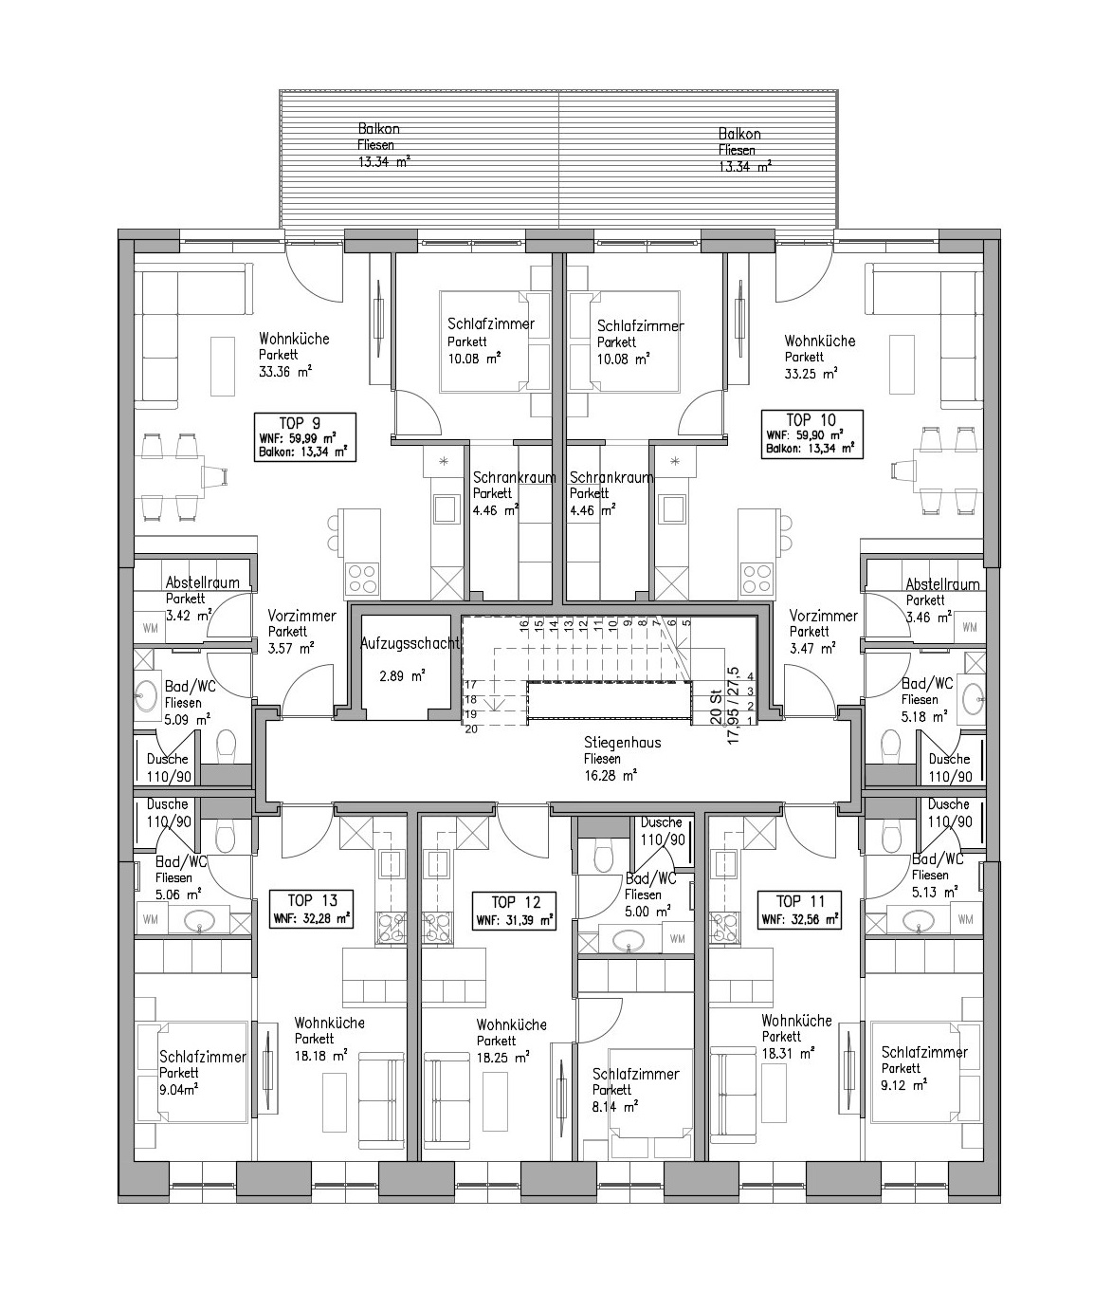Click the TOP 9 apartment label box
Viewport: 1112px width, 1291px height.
point(304,436)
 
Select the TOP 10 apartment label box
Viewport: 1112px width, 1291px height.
point(812,434)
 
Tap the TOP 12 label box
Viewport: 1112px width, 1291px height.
point(515,911)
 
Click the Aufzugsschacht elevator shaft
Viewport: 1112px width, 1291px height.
point(407,669)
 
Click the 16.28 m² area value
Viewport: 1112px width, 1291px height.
point(611,776)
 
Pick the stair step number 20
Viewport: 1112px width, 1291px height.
point(471,728)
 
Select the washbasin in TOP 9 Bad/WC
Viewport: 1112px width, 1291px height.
point(147,696)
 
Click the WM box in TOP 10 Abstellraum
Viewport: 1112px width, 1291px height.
point(970,627)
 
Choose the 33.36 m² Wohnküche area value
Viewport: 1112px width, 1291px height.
point(285,372)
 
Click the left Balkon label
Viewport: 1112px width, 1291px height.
point(379,129)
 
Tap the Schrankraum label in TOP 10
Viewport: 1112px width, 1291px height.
point(611,478)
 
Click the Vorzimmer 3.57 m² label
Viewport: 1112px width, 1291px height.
point(302,632)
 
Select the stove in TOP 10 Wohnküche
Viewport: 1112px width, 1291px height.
point(757,579)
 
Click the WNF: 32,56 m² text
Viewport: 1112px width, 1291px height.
point(800,919)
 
